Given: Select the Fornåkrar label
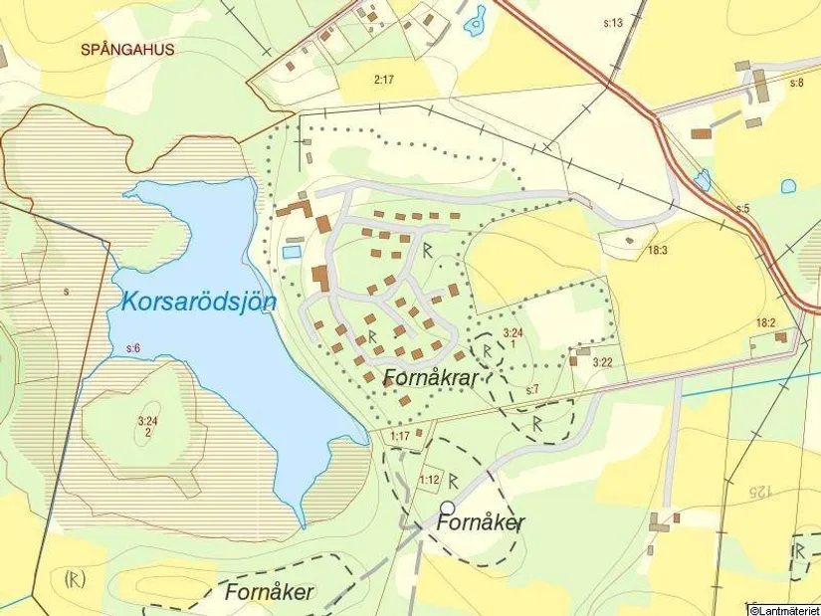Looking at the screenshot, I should tap(432, 378).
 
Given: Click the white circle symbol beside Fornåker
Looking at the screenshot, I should tap(448, 509).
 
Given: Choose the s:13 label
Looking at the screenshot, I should tap(613, 23).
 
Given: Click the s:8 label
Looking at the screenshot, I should tap(795, 83).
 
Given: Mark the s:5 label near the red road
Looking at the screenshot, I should tap(742, 209).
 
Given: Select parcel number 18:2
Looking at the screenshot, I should tap(764, 323).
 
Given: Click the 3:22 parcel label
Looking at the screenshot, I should tap(602, 362).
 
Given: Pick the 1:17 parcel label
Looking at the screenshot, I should tap(400, 436).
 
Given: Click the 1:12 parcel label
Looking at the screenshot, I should tap(429, 481).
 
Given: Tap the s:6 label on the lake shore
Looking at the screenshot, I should tap(133, 347).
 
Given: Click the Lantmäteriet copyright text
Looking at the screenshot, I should tap(783, 609).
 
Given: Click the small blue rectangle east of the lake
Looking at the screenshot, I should tap(292, 253).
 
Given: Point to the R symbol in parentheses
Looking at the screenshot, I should tap(74, 578).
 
